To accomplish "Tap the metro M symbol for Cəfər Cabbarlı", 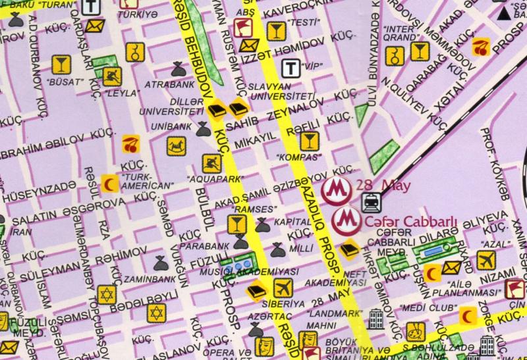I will pos(346,220).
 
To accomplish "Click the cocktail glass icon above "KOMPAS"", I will pos(308,140).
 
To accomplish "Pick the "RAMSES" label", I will pos(254,209).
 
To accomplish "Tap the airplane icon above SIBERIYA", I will pos(283,288).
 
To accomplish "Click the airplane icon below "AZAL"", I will pos(485,260).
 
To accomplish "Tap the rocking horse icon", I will pos(176,145).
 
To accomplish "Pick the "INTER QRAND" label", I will pos(399,34).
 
